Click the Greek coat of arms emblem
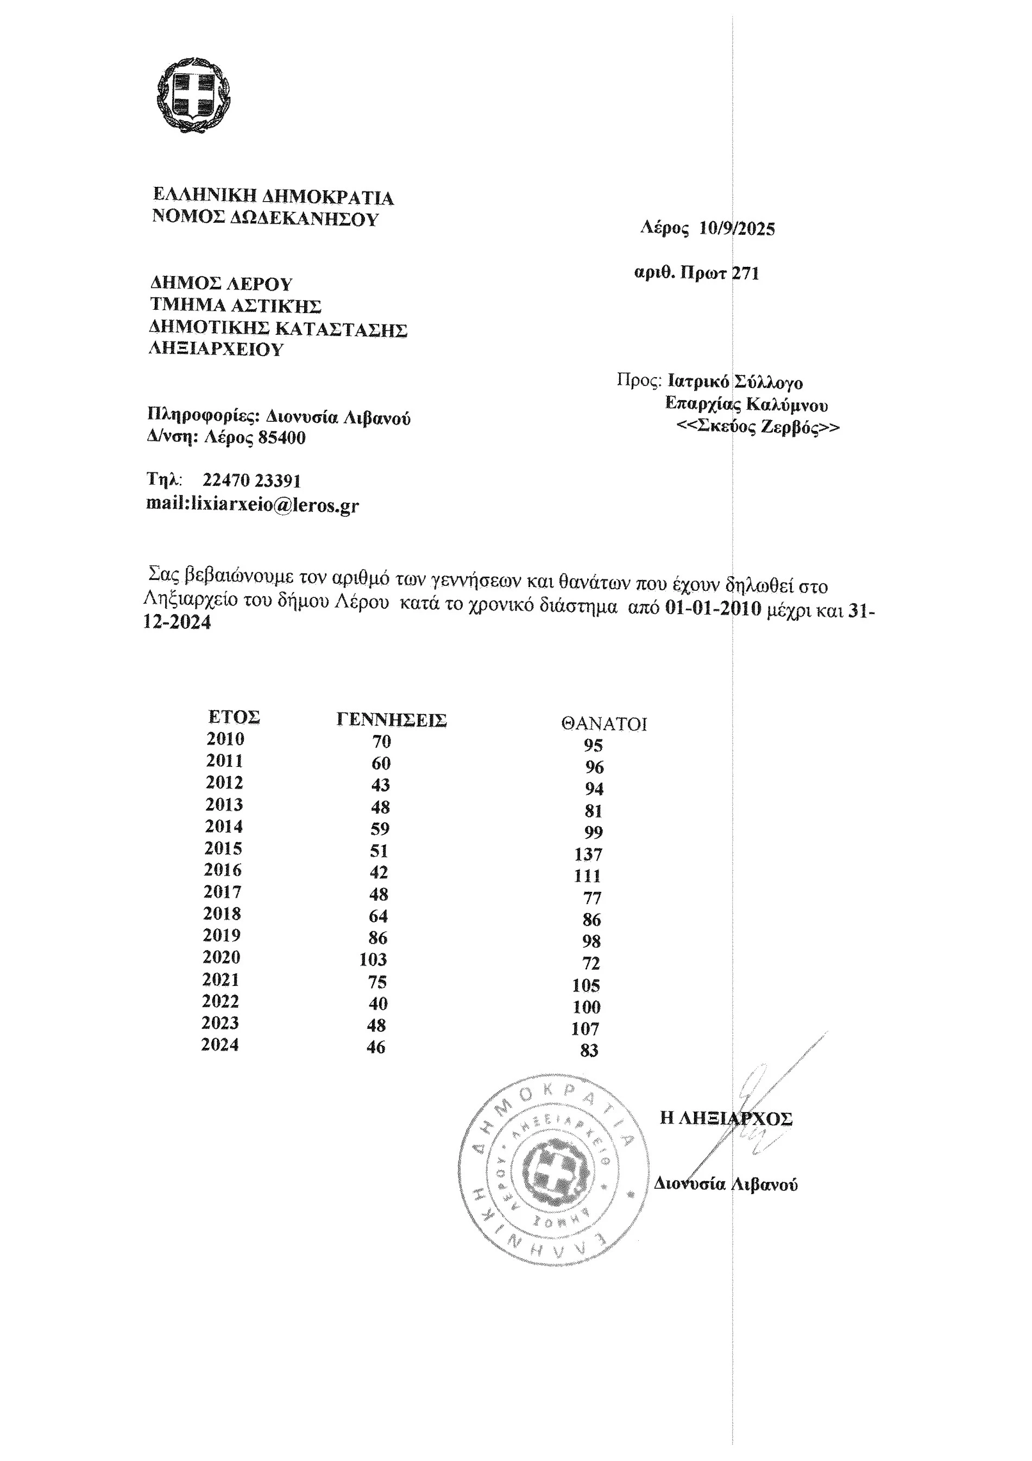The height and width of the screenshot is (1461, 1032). (193, 95)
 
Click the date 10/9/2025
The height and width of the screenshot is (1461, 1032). (737, 228)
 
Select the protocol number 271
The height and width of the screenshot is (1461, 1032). (746, 273)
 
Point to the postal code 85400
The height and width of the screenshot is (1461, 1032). (282, 438)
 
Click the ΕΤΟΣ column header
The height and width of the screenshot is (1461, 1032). (234, 717)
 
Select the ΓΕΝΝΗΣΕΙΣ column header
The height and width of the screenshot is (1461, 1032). (391, 720)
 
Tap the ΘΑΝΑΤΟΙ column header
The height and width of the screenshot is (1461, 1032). (603, 723)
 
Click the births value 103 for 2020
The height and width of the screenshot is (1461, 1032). (373, 959)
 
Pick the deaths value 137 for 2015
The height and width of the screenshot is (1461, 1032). (588, 854)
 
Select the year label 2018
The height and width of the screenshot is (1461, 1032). (222, 914)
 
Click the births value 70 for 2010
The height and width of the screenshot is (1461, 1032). (381, 741)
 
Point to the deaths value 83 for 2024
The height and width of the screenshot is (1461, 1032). (589, 1050)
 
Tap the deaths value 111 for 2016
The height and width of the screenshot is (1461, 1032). (587, 876)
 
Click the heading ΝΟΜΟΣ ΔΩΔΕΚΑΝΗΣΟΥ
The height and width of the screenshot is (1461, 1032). (265, 218)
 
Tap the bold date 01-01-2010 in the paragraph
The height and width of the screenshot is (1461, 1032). (713, 608)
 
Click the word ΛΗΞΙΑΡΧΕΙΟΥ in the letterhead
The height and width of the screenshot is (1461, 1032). (216, 349)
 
